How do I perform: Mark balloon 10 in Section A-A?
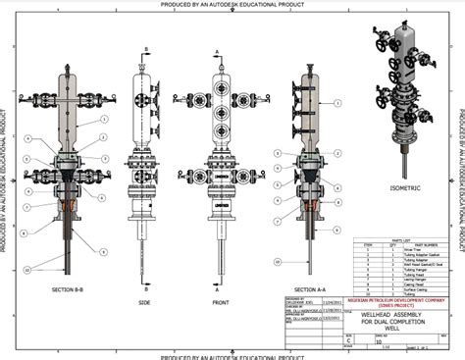click(279, 261)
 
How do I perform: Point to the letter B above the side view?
click(145, 46)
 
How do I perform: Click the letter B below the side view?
click(145, 291)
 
